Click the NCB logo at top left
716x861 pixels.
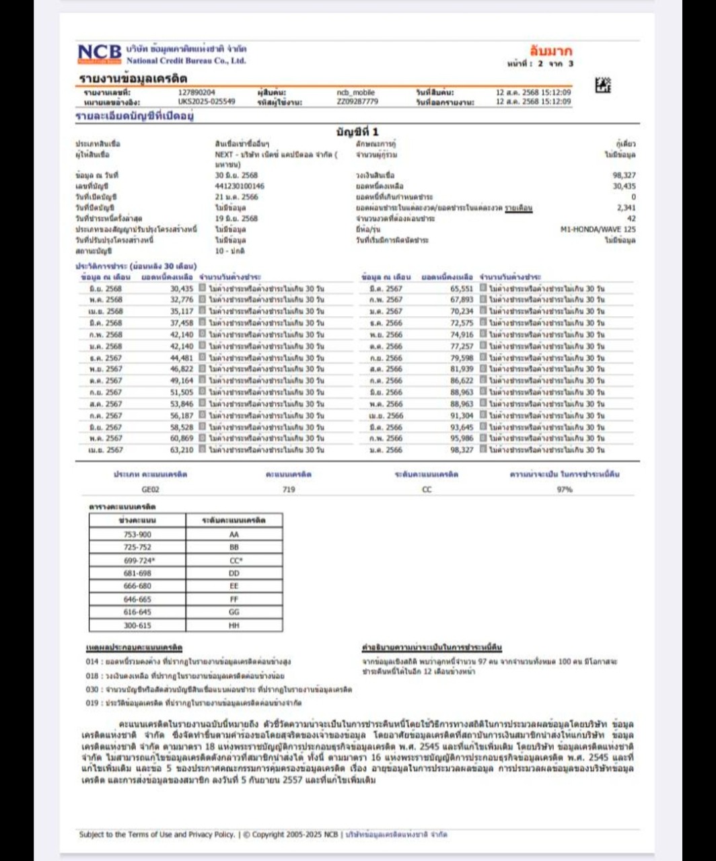(100, 53)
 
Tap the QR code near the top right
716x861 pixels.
(603, 85)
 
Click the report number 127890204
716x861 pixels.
(197, 92)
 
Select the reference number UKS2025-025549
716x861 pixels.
(207, 102)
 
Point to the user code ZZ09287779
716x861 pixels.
(357, 102)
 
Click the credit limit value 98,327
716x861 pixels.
(624, 176)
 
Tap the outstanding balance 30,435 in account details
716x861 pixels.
(624, 186)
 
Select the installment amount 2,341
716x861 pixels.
(626, 208)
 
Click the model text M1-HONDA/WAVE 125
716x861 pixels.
(598, 229)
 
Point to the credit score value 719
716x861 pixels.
(289, 490)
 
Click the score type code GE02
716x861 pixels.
(151, 490)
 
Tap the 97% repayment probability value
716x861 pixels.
(564, 490)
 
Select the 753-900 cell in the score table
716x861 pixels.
(137, 535)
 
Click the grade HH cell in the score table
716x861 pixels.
(234, 626)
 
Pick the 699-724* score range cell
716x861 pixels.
(137, 560)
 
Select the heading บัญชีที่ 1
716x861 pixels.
(357, 132)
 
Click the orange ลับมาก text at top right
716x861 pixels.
(550, 50)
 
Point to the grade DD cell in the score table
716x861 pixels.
(234, 574)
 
